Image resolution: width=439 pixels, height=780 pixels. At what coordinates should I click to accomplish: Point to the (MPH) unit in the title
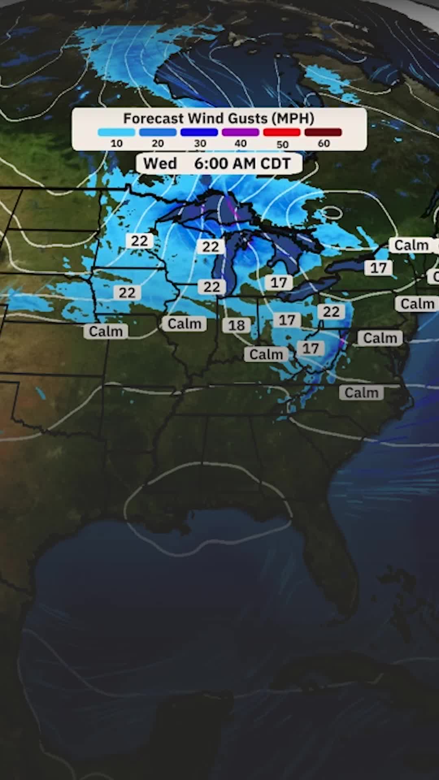tap(293, 119)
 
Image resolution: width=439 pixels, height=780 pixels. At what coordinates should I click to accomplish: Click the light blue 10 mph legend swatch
tap(116, 132)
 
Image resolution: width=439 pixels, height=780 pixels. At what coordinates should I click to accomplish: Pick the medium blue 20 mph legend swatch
tap(158, 132)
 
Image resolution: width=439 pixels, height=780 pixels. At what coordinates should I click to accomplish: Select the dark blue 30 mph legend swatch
tap(199, 132)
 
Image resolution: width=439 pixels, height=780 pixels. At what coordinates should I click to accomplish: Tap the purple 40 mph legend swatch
tap(241, 132)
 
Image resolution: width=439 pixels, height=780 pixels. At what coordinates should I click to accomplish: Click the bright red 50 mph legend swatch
tap(282, 132)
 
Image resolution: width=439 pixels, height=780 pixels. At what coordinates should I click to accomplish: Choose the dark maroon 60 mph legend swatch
tap(323, 132)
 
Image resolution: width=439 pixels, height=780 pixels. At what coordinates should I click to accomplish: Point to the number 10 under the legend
tap(116, 143)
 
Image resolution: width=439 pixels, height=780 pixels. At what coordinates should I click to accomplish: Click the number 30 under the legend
tap(200, 143)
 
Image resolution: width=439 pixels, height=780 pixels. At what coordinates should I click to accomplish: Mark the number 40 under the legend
tap(241, 143)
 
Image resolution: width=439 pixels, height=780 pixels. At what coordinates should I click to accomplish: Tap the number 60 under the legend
tap(324, 143)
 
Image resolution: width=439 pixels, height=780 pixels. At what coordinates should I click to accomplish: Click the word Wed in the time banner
tap(160, 164)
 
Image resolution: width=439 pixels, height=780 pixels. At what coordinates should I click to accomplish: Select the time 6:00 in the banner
tap(210, 164)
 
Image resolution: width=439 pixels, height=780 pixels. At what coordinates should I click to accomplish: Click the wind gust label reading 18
tap(237, 325)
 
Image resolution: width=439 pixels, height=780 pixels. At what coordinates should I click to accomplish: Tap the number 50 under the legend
tap(282, 144)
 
